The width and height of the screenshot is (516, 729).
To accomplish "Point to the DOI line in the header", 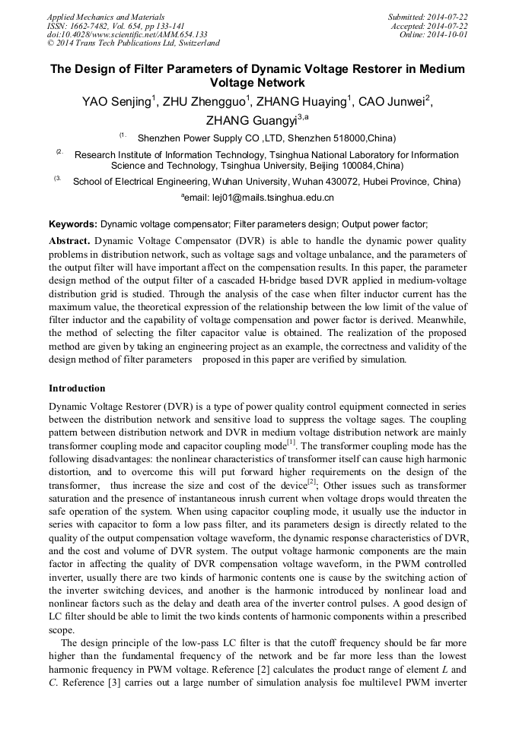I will click(127, 34).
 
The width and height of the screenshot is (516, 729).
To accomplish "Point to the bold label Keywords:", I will click(73, 224).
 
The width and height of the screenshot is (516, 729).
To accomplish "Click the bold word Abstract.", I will click(69, 240).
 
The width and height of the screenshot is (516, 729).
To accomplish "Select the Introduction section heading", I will click(77, 388).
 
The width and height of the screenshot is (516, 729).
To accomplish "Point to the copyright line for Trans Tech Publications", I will click(133, 43).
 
